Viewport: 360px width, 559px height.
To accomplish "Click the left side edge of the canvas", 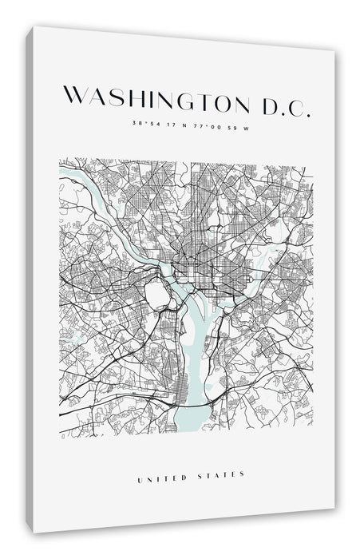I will coord(30,279).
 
